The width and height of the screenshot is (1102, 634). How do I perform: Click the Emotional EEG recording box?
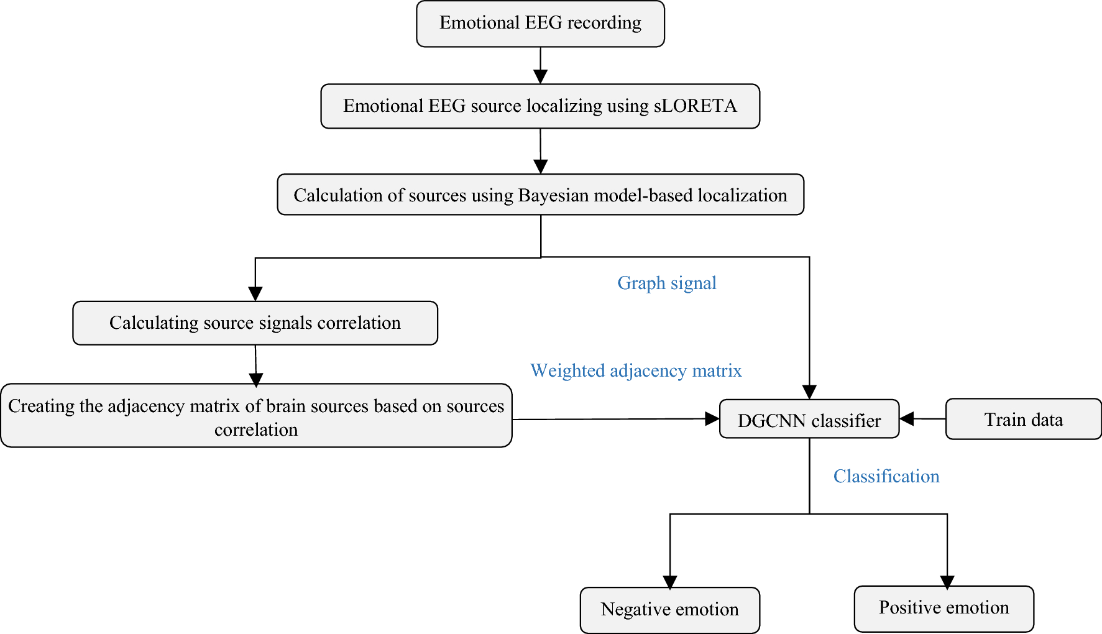(x=540, y=24)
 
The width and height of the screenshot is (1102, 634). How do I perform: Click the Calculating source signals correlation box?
(x=255, y=323)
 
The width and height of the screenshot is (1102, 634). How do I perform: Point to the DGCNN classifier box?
(x=809, y=420)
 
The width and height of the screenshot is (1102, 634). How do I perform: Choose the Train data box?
(x=1023, y=420)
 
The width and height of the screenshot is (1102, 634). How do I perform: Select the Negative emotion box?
(x=669, y=610)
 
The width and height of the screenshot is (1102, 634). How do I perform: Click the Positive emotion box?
(x=944, y=608)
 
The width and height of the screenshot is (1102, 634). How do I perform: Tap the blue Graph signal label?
(x=666, y=283)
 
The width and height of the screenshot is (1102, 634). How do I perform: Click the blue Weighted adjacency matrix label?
(x=635, y=370)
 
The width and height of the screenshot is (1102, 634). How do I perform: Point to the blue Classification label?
(x=886, y=476)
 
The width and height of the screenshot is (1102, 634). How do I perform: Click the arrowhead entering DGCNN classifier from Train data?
(x=907, y=419)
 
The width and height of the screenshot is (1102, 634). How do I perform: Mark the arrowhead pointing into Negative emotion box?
(x=670, y=582)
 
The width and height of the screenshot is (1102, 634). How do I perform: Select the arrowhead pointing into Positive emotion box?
(x=947, y=582)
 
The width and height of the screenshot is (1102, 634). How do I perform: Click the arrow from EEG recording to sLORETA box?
(x=540, y=65)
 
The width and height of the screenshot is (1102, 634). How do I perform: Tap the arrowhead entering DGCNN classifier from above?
(x=809, y=392)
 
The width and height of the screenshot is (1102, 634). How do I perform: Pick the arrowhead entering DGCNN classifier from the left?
(x=712, y=419)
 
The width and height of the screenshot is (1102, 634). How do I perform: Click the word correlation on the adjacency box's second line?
(x=256, y=430)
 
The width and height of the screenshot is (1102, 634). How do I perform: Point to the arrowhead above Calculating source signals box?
(x=255, y=293)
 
